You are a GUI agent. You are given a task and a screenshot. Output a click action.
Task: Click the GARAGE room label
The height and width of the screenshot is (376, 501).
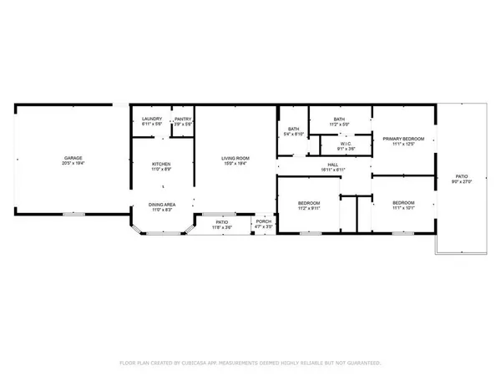click(x=73, y=158)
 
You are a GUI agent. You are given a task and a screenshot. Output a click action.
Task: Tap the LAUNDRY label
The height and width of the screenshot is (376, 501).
click(x=151, y=119)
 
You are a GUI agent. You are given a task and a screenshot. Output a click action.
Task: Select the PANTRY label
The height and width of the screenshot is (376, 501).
click(x=184, y=119)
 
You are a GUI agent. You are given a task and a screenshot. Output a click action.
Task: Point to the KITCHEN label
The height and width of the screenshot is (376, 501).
click(x=161, y=164)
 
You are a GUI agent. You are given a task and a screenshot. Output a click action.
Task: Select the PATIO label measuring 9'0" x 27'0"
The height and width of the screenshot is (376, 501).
click(x=461, y=176)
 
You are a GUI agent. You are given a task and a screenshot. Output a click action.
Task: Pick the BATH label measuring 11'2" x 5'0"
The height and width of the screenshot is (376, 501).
click(x=339, y=119)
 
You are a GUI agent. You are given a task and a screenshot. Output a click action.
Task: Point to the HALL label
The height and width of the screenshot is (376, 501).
click(x=332, y=165)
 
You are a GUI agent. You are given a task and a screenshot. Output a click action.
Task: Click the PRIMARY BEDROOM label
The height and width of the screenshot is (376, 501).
click(x=404, y=138)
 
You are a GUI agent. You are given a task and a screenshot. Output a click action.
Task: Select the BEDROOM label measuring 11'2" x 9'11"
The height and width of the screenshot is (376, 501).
click(x=308, y=203)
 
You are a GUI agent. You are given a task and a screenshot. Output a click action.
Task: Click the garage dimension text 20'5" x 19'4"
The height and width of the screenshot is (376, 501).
click(x=73, y=163)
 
